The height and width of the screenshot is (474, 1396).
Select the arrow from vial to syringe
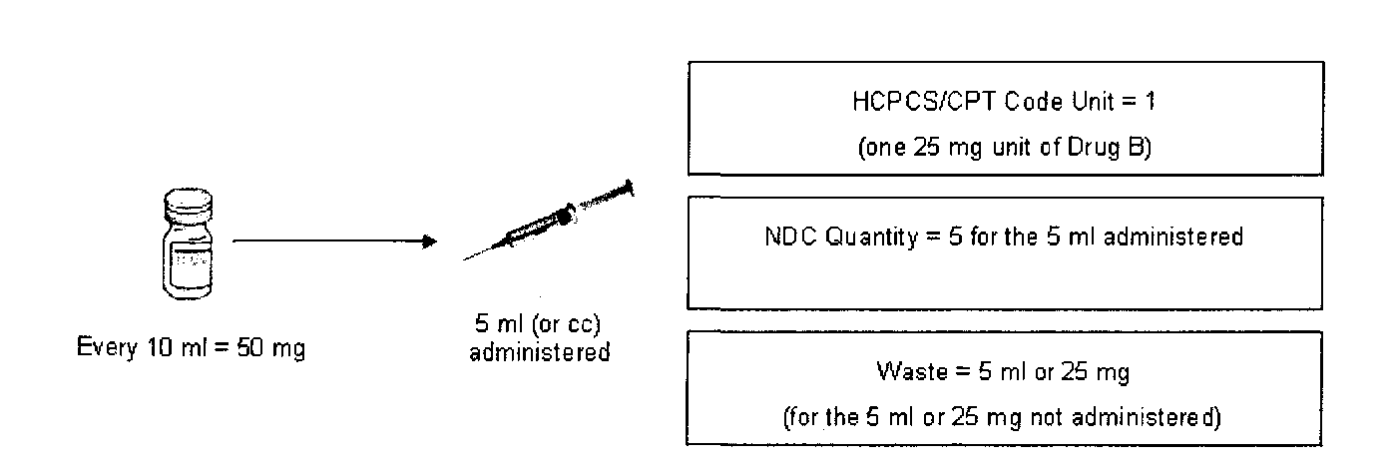pyautogui.click(x=334, y=241)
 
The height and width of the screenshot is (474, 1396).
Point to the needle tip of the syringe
pyautogui.click(x=466, y=259)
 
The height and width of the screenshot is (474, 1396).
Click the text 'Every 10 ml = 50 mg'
pyautogui.click(x=191, y=352)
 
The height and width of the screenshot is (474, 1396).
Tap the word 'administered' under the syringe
pyautogui.click(x=540, y=352)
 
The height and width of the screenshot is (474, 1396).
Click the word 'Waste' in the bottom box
pyautogui.click(x=904, y=373)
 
